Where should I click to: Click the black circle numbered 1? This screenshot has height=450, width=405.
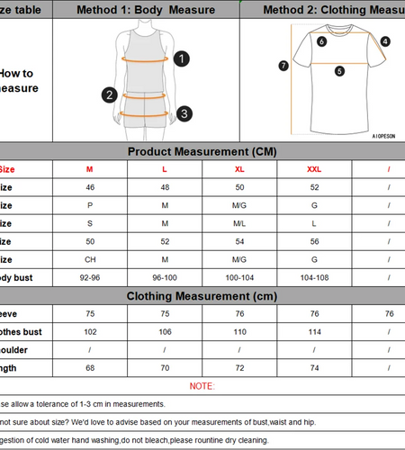point(182,58)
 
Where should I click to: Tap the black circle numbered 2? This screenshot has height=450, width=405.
point(110,94)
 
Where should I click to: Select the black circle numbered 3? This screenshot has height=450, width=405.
point(184,113)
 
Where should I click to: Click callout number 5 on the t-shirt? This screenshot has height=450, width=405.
point(339,71)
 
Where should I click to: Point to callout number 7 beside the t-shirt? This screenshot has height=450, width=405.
point(283,65)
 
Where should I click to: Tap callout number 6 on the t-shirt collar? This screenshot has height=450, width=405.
point(322,40)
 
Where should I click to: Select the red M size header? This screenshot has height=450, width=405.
point(89,168)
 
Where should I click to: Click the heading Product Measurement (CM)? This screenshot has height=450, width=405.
point(202,151)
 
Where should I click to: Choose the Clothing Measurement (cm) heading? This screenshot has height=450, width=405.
point(202,296)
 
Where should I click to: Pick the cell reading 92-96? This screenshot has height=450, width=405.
point(89,277)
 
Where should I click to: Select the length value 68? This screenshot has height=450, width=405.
point(89,367)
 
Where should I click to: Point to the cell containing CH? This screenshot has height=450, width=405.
point(89,259)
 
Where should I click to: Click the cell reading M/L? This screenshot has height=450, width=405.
point(239,223)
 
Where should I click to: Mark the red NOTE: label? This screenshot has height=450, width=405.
point(202,385)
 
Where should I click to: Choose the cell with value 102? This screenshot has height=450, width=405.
point(89,331)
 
